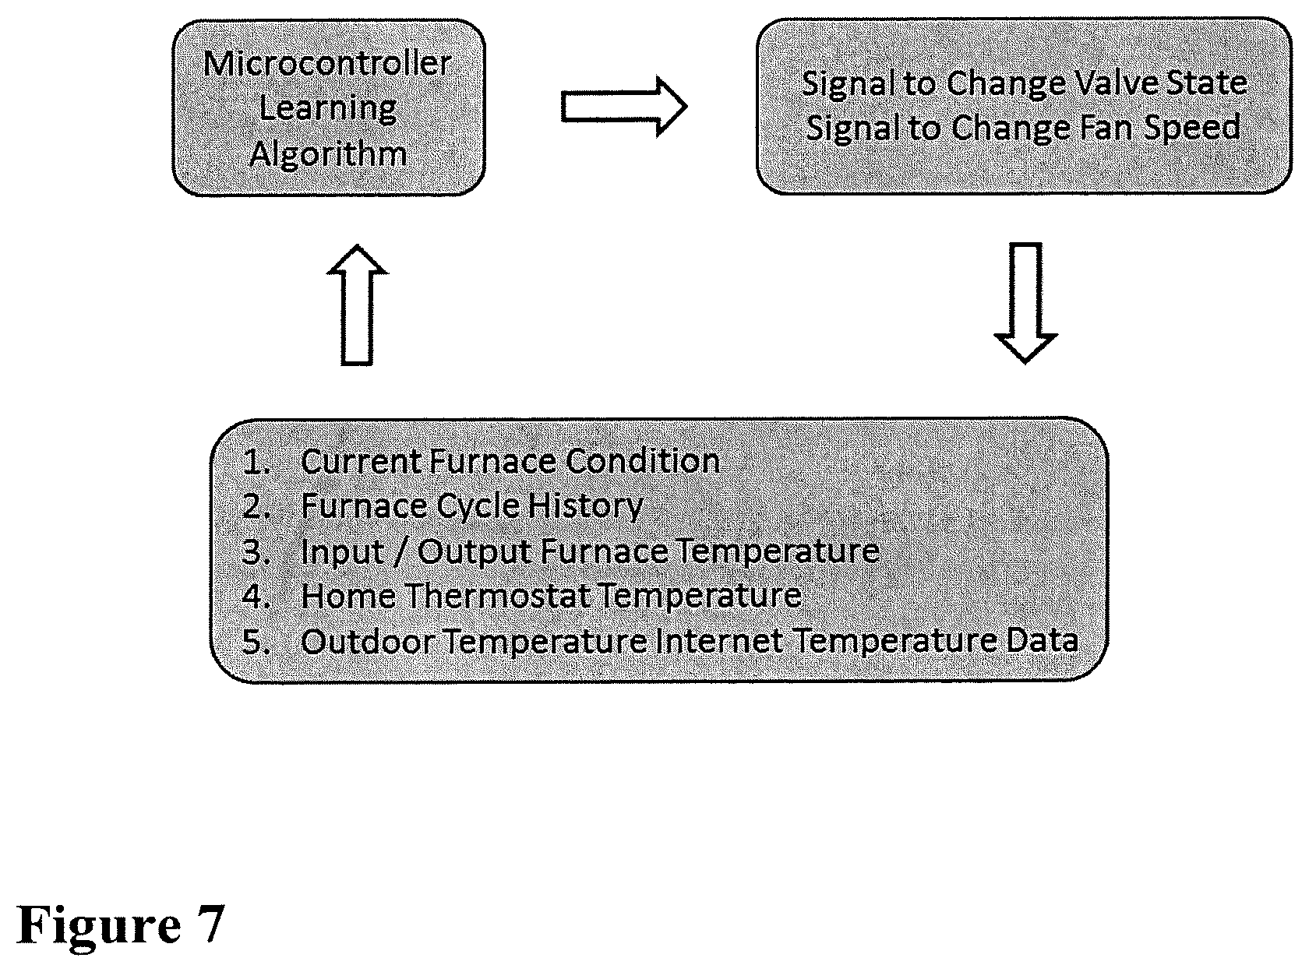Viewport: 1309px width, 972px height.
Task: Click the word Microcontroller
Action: tap(327, 63)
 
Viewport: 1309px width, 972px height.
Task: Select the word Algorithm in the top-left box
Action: tap(328, 155)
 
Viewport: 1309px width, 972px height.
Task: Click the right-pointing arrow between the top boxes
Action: tap(624, 107)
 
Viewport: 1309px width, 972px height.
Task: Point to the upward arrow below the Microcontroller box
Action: tap(358, 305)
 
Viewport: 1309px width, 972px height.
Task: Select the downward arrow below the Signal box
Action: tap(1025, 302)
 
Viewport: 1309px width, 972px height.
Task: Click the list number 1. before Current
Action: tap(256, 462)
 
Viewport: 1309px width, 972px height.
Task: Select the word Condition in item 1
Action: tap(643, 461)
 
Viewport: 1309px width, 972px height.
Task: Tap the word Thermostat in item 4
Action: tap(498, 596)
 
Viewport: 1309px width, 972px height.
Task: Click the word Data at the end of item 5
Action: tap(1043, 642)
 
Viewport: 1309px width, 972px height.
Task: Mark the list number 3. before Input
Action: tap(256, 551)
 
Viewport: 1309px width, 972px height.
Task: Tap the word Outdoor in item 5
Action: tap(369, 642)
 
